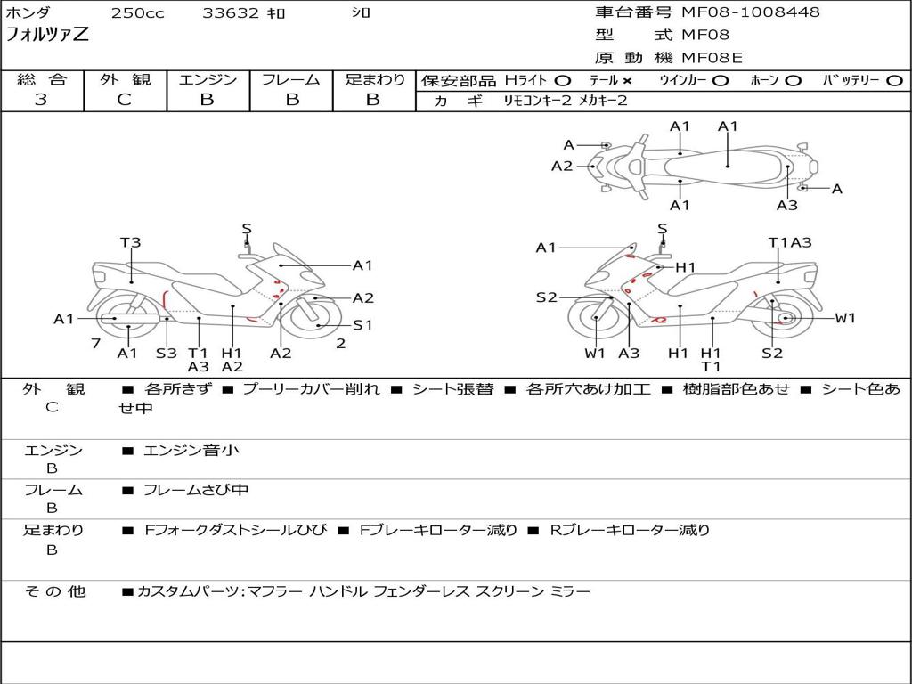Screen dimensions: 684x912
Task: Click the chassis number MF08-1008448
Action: coord(751,12)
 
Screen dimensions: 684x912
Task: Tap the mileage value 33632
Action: coord(231,13)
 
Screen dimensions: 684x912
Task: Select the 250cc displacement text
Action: coord(137,13)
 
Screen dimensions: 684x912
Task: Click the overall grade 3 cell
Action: coord(41,100)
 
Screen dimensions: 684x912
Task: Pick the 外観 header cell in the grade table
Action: coord(125,80)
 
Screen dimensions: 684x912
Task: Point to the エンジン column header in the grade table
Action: coord(208,80)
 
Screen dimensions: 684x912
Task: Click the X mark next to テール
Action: coord(627,81)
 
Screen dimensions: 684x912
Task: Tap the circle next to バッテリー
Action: coord(894,81)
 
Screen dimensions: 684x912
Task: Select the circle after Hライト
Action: coord(563,81)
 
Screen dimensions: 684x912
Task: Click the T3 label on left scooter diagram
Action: coord(131,242)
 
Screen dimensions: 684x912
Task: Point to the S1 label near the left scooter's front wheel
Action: coord(362,325)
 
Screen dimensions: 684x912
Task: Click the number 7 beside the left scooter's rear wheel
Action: coord(94,343)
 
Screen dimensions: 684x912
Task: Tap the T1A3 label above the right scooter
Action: coord(790,242)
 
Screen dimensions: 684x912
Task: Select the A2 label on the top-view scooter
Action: coord(562,166)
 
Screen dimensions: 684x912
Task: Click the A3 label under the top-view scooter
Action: coord(786,206)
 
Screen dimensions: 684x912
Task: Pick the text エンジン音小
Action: coord(191,451)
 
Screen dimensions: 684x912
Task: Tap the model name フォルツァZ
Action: coord(48,36)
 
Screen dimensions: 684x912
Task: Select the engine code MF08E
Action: coord(712,58)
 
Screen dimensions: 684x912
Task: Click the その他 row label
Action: coord(54,591)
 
